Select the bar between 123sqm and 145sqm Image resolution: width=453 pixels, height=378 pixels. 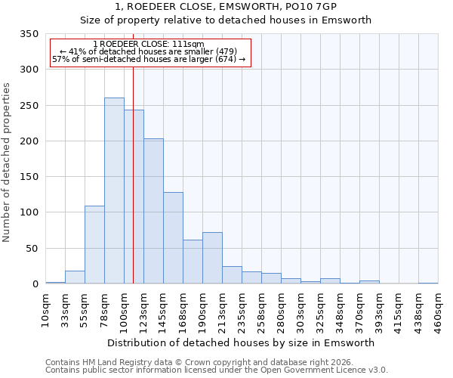coord(153,211)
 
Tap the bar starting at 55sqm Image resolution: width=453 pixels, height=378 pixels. coord(94,244)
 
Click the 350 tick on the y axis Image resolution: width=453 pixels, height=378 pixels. coord(29,34)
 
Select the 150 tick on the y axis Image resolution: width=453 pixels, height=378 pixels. coord(29,177)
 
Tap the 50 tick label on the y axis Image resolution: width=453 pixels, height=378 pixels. coord(32,249)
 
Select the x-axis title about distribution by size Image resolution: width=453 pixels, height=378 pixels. coord(241,342)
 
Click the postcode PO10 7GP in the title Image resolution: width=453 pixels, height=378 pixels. coord(319,6)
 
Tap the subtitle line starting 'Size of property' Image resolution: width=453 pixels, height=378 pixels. coord(242,20)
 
